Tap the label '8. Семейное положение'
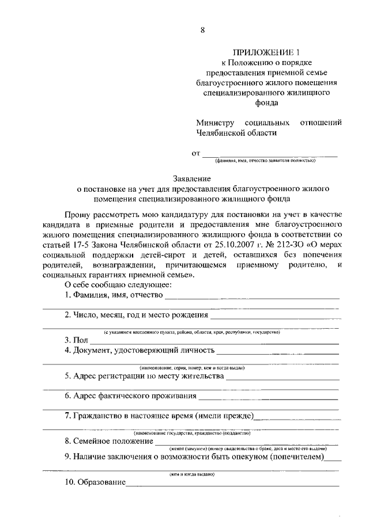tap(108, 442)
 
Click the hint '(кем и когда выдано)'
tap(192, 474)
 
